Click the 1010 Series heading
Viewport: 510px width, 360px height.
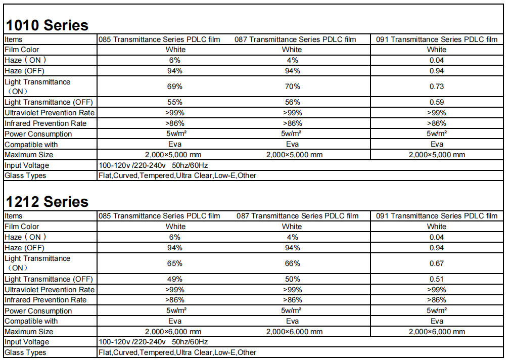click(47, 25)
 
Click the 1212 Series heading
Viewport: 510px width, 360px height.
click(47, 202)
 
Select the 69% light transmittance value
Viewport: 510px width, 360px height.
click(175, 86)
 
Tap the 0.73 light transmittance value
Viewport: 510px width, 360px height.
click(436, 86)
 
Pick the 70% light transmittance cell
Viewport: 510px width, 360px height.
click(292, 86)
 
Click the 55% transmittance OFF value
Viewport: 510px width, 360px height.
click(175, 102)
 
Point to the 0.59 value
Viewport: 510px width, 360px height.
click(436, 102)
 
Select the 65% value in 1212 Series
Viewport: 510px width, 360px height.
click(175, 263)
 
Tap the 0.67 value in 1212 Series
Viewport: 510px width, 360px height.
click(436, 263)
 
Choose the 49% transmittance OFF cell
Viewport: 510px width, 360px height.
click(175, 279)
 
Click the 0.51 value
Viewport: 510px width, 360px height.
click(436, 279)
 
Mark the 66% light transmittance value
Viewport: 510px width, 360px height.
click(292, 263)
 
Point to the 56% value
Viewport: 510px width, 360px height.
click(292, 102)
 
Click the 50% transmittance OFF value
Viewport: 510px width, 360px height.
click(292, 279)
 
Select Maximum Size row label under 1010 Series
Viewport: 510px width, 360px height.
click(29, 155)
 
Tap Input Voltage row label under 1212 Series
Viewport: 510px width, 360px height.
click(27, 342)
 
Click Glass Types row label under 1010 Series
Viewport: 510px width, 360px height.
click(25, 175)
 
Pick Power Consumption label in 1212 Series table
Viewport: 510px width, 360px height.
click(38, 311)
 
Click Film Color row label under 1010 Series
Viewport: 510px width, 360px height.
click(22, 50)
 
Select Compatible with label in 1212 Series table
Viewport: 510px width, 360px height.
click(31, 321)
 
